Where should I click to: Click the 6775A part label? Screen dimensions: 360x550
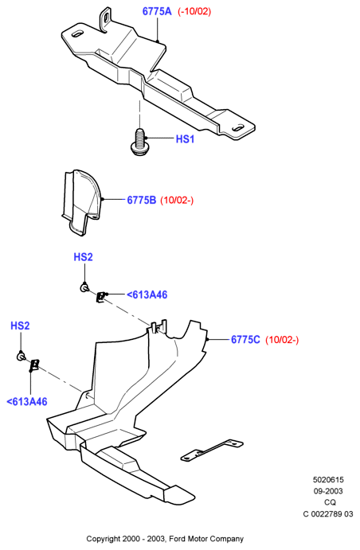coord(157,11)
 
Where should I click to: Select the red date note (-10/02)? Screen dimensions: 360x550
coord(194,11)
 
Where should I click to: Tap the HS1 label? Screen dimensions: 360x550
coord(185,139)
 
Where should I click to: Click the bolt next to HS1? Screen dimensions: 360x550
coord(139,142)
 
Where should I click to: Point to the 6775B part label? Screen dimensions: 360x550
coord(142,200)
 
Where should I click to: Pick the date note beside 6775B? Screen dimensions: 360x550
coord(177,201)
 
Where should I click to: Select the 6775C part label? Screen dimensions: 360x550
coord(245,340)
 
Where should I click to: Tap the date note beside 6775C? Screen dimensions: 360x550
coord(282,340)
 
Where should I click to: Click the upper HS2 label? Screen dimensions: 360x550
coord(83,257)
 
